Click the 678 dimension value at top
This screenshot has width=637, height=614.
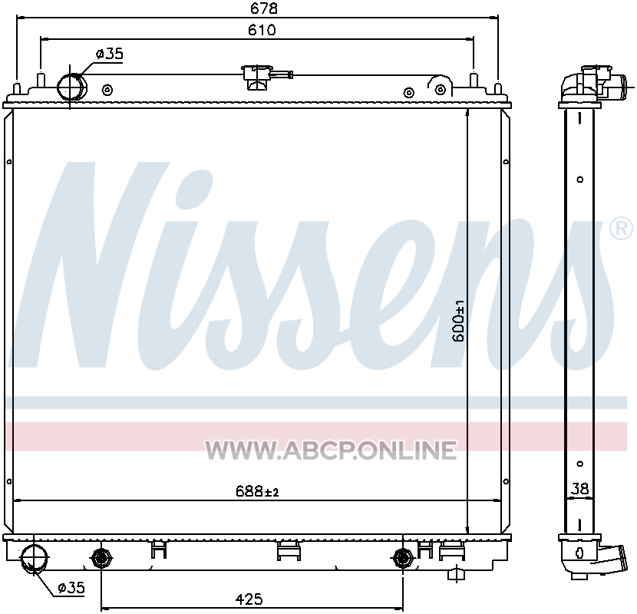pos(264,8)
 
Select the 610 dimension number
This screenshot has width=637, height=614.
pos(262,30)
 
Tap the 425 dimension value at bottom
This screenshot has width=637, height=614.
pos(249,599)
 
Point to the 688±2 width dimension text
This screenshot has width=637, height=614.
pos(257,491)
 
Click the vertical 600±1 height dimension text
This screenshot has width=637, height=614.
pos(458,321)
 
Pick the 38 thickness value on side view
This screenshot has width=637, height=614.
pos(579,488)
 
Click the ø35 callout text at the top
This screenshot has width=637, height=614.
pos(109,54)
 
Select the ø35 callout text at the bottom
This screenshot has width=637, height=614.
pos(71,587)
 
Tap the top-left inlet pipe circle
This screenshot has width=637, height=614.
pos(72,87)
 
